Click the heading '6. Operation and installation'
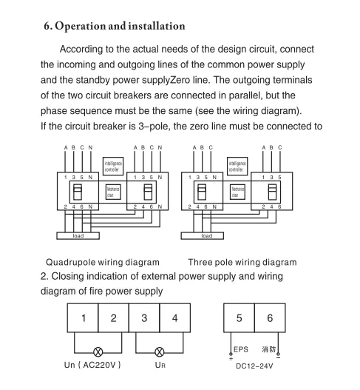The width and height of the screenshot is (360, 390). pyautogui.click(x=115, y=27)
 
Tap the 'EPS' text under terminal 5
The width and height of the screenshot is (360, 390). pyautogui.click(x=242, y=349)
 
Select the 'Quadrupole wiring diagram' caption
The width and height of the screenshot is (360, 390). pyautogui.click(x=103, y=262)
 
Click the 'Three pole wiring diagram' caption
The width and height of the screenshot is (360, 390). pyautogui.click(x=242, y=262)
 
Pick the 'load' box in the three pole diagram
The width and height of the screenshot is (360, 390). pyautogui.click(x=207, y=236)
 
